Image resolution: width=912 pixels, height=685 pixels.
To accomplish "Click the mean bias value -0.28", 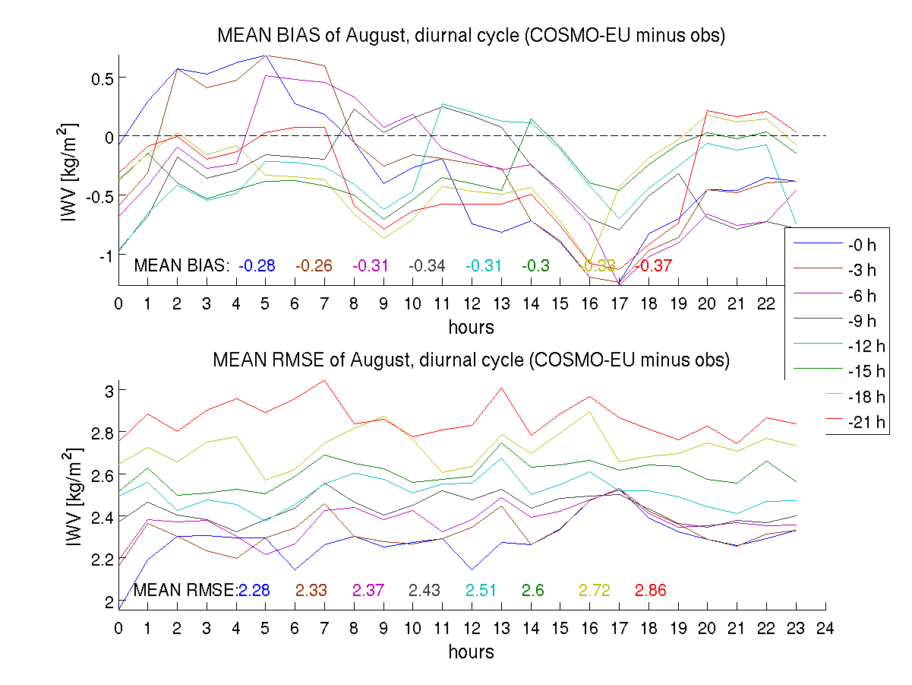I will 257,265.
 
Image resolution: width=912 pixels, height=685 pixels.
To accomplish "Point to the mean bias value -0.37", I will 654,265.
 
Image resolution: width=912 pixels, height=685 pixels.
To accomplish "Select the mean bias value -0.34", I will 427,265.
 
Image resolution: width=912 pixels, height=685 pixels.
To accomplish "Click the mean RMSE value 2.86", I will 650,590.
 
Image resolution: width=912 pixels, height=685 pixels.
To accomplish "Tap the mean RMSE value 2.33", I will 311,590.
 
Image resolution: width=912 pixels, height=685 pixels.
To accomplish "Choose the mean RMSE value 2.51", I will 481,590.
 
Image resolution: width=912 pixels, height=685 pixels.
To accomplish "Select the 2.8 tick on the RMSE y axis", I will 100,432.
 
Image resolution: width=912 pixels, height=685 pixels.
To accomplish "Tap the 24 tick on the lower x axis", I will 825,629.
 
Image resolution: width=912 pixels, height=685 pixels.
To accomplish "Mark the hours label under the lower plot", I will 471,652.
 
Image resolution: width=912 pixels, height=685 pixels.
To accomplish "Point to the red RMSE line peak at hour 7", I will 324,380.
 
